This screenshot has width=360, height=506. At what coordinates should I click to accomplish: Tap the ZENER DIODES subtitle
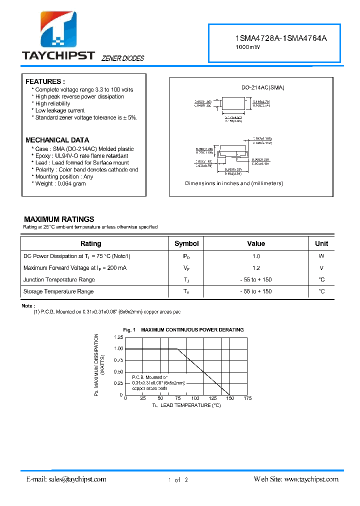(122, 58)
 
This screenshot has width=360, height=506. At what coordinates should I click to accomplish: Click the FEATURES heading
(45, 81)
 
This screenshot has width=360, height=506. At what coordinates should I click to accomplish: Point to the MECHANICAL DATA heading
(57, 140)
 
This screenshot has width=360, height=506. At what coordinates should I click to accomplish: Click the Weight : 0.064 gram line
(60, 183)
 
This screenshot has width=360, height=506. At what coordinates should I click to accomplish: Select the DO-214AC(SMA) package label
(262, 87)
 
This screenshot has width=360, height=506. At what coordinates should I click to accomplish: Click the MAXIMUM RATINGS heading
(59, 219)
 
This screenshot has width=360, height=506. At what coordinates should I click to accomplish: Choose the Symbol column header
(186, 243)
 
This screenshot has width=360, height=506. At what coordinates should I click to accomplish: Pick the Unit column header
(321, 243)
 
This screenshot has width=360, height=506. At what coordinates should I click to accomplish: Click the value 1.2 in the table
(256, 268)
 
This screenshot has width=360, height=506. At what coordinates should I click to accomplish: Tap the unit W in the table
(321, 256)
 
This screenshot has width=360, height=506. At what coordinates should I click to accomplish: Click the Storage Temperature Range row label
(58, 291)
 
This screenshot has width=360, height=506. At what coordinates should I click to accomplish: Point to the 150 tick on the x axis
(229, 398)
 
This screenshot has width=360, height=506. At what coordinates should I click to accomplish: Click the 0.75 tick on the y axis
(118, 360)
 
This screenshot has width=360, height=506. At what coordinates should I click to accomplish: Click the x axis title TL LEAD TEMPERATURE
(186, 405)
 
